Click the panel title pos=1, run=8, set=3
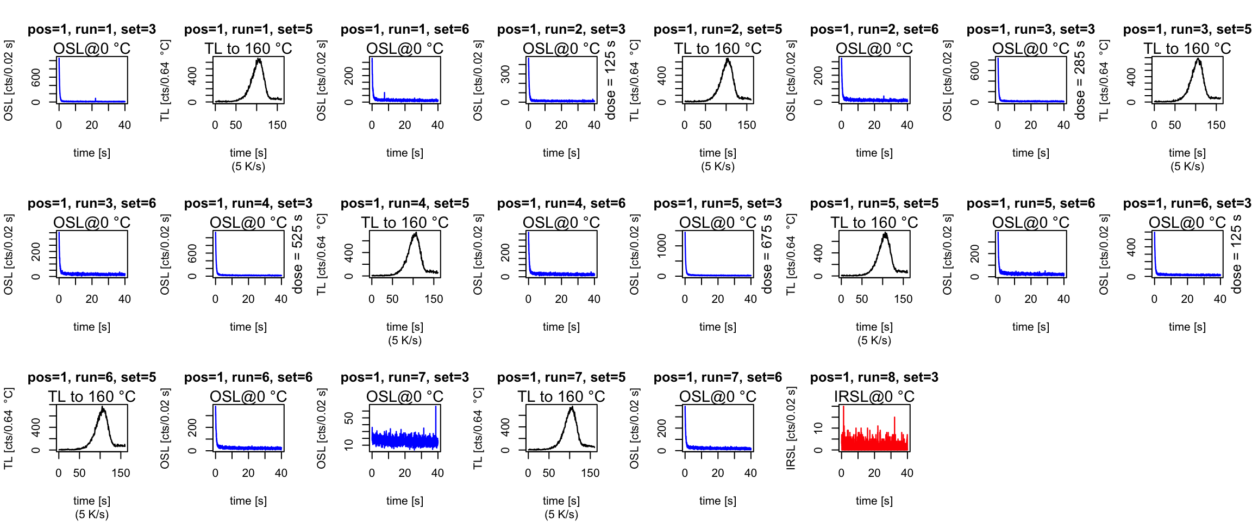click(874, 377)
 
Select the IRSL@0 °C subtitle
click(874, 397)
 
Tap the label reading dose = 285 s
click(1080, 80)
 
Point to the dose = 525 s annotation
click(297, 254)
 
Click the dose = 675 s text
click(767, 254)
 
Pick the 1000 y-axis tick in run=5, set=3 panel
click(662, 246)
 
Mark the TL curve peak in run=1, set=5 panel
click(259, 59)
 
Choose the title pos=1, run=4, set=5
click(404, 203)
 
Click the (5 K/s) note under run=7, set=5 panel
click(561, 514)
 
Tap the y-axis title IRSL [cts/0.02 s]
click(791, 428)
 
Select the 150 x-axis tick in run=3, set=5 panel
click(1216, 125)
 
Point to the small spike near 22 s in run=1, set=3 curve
click(96, 99)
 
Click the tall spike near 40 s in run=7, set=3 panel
click(436, 407)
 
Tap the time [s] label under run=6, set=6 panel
click(248, 501)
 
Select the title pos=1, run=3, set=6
click(91, 203)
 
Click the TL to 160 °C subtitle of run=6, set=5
click(91, 397)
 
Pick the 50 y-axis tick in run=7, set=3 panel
click(349, 418)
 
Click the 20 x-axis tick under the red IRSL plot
click(874, 473)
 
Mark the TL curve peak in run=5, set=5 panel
click(886, 234)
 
